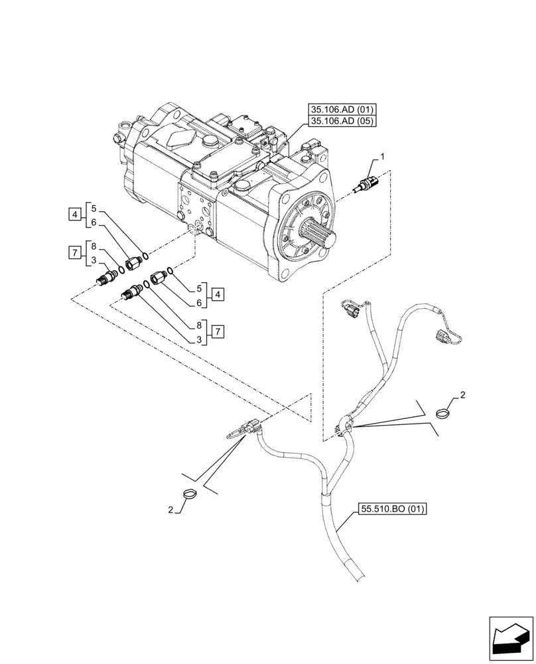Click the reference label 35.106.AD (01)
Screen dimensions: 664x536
coord(341,109)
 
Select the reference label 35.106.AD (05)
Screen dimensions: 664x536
coord(341,121)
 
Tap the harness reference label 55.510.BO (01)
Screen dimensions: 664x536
coord(391,510)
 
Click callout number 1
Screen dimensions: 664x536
coord(382,157)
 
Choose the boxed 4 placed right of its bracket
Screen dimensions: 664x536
coord(219,293)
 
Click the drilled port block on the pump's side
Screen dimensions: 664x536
coord(194,211)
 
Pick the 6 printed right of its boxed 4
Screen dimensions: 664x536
coord(198,303)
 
